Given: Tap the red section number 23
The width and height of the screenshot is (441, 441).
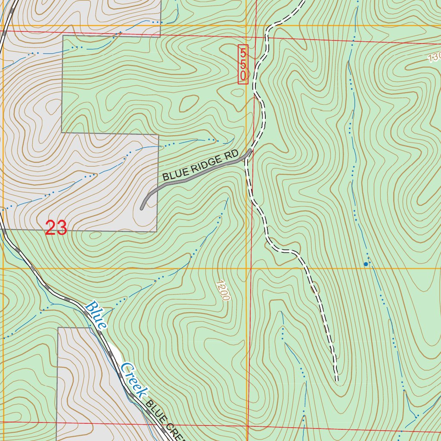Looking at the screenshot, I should click(56, 228).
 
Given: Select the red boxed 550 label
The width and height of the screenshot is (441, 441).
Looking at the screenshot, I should click(243, 64).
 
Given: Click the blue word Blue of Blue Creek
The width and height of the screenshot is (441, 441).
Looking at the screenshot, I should click(96, 315).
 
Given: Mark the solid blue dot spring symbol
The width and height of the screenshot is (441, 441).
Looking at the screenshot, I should click(366, 264).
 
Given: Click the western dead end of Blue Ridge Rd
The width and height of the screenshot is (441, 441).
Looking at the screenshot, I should click(142, 209).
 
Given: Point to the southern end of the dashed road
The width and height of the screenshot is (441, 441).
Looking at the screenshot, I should click(337, 380).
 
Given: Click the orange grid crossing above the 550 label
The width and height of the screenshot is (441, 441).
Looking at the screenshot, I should click(247, 26).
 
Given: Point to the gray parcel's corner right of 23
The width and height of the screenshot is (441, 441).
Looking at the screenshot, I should click(157, 231).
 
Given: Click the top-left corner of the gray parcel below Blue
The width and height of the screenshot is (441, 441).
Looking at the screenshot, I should click(58, 328).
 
